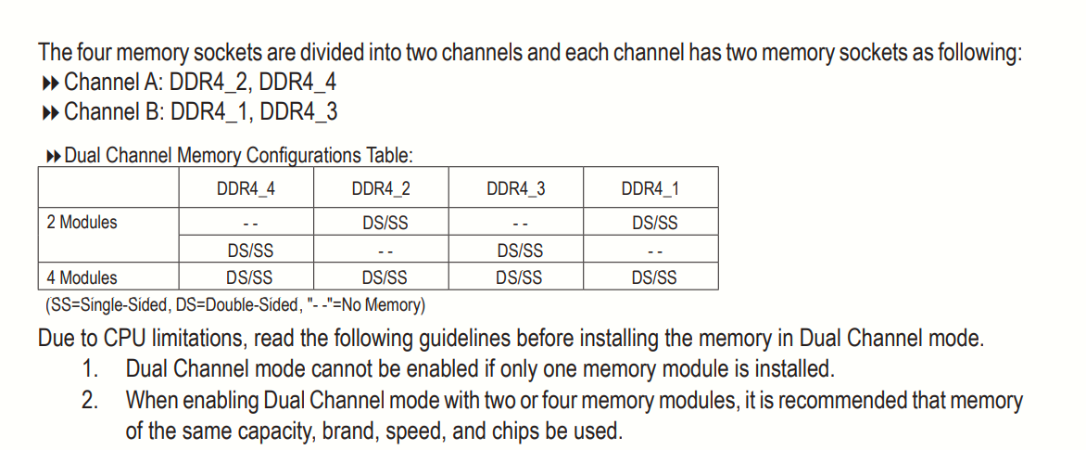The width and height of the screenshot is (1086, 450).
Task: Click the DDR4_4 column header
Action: [x=246, y=189]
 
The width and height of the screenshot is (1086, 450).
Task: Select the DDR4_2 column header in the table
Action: [x=381, y=189]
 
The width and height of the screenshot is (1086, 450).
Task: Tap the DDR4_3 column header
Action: [x=516, y=189]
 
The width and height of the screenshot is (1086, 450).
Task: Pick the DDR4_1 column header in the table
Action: [x=650, y=189]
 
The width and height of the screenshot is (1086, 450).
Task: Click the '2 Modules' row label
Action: [x=82, y=223]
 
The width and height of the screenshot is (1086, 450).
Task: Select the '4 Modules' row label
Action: [x=82, y=277]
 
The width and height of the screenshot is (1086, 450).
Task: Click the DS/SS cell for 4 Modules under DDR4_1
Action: [x=654, y=277]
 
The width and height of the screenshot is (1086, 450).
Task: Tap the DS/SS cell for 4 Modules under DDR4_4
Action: [x=250, y=277]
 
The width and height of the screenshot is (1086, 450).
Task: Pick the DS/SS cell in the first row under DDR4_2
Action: [x=385, y=223]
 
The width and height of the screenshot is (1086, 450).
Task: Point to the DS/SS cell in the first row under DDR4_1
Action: [x=654, y=223]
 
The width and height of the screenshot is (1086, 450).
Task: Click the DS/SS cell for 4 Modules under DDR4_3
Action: [x=520, y=277]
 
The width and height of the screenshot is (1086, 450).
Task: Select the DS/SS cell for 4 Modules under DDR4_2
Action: [x=385, y=277]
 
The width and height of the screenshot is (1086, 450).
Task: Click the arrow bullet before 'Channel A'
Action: [x=51, y=84]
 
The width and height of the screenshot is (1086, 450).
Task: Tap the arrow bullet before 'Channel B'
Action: [x=51, y=113]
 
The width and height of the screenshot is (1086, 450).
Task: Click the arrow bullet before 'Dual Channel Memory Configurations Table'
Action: [x=53, y=155]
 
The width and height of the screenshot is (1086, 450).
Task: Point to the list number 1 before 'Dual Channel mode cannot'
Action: [x=90, y=369]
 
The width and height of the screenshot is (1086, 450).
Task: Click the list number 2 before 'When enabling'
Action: [x=90, y=401]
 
